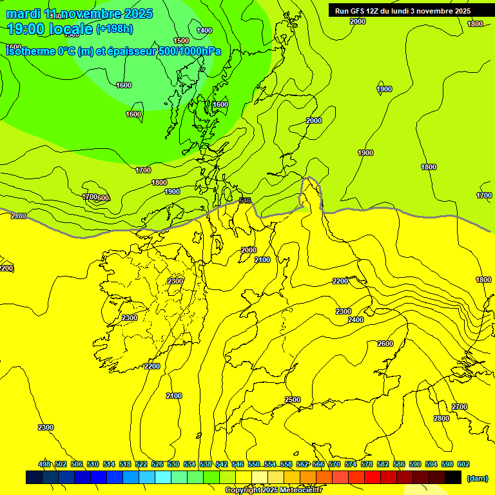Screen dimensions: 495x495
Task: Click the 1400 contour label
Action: point(204,30)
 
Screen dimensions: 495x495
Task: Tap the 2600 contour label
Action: point(385,344)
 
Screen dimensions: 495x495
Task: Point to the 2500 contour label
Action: point(293,400)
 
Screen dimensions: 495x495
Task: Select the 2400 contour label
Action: point(356,320)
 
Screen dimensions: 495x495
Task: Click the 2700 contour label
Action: point(460,407)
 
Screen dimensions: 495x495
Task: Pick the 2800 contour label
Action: point(442,418)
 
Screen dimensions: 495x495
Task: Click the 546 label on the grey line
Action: point(245,200)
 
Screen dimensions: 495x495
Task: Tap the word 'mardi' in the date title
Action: point(24,14)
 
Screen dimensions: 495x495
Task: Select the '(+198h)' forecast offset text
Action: point(115,28)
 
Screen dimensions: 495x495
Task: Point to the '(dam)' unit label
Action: point(477,478)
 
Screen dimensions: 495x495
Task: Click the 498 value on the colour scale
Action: point(44,464)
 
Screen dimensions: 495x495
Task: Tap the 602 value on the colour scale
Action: point(463,464)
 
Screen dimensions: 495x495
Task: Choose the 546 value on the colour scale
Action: point(238,464)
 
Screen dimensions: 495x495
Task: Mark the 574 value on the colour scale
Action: point(351,464)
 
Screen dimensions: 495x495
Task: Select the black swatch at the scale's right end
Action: point(453,478)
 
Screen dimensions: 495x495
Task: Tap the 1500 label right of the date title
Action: point(182,40)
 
